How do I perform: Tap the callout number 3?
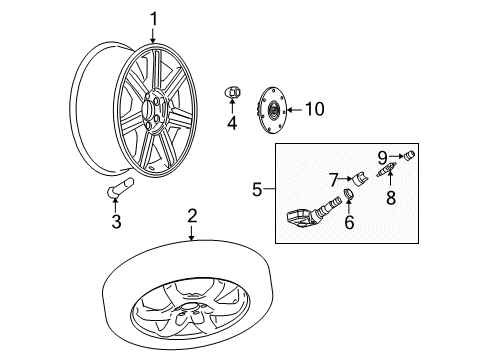point(116,222)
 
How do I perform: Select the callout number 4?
point(232,124)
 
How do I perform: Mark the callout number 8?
point(391,198)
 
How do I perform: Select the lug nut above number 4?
point(231,92)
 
